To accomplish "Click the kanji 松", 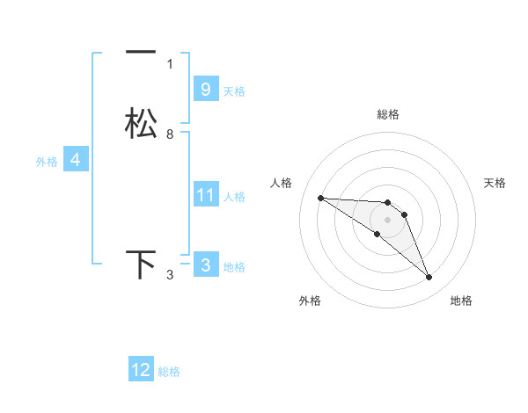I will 141,123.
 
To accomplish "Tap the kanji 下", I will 141,264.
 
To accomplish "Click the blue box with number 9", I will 205,89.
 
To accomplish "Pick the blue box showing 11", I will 205,194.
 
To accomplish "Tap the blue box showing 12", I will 141,370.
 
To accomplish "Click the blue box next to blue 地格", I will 205,264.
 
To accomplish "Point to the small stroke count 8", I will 170,134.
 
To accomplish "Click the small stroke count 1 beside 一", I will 170,64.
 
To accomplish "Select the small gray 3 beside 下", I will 170,276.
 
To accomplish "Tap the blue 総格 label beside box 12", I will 169,372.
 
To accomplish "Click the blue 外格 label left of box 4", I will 47,162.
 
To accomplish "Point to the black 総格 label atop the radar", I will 387,114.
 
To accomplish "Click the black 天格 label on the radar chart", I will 495,183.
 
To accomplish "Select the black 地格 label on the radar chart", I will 461,301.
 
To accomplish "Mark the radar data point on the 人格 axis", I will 320,198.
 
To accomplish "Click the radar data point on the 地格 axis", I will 429,278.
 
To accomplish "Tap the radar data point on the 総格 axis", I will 387,203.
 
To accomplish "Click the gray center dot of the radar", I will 387,220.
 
